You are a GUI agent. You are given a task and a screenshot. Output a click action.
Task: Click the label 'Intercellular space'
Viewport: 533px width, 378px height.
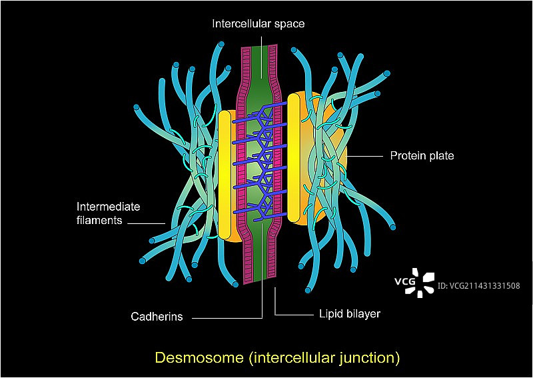(x=259, y=23)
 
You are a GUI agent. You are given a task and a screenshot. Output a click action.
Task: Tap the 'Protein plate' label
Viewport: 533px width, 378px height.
(x=422, y=156)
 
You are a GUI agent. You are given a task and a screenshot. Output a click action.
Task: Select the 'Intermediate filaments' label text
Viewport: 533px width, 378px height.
(x=109, y=213)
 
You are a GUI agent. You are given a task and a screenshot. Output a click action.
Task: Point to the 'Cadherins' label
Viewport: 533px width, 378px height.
(x=157, y=317)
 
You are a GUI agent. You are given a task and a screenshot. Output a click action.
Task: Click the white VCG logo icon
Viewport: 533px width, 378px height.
(x=422, y=282)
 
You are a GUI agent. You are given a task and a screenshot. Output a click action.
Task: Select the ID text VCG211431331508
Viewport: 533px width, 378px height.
(x=478, y=286)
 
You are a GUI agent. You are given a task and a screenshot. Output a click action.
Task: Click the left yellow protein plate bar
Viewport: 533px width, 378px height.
(x=225, y=175)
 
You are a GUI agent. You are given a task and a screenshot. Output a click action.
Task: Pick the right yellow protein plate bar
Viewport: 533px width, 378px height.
(x=294, y=158)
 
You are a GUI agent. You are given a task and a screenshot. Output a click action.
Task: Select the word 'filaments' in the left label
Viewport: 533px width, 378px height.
(x=99, y=219)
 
